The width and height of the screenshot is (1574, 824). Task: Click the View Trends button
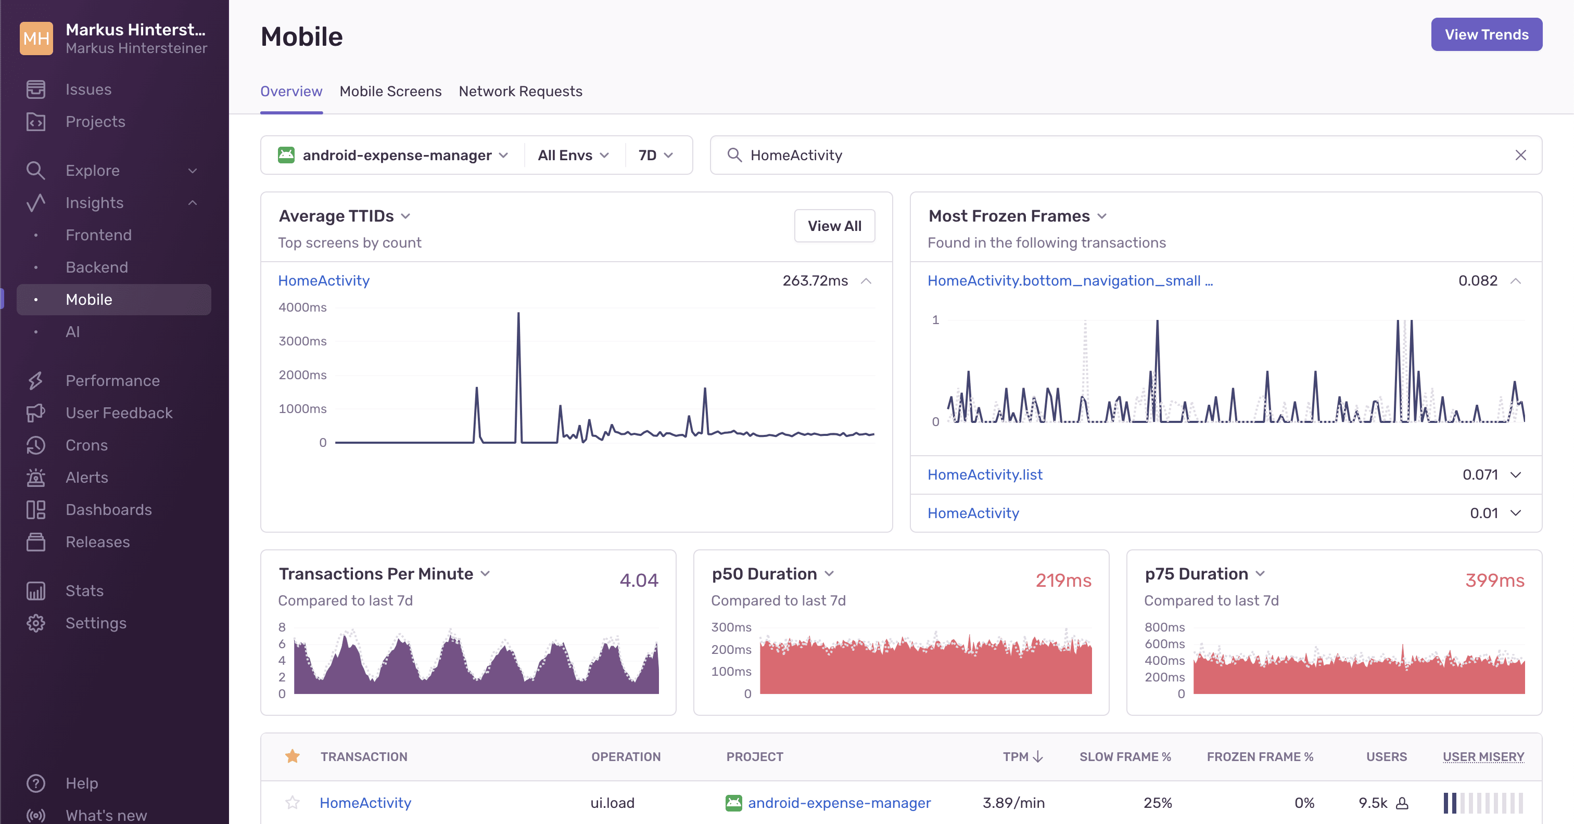click(x=1486, y=35)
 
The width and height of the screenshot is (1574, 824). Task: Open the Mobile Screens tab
click(x=390, y=92)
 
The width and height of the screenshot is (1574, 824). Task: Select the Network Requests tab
click(x=520, y=92)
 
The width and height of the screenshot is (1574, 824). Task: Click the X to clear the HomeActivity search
click(x=1520, y=155)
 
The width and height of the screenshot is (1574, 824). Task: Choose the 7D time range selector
click(x=654, y=155)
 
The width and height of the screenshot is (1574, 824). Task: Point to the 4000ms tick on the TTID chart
click(x=302, y=307)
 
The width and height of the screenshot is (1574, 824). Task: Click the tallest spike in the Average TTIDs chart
click(x=518, y=314)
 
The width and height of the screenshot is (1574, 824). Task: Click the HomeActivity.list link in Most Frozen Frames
click(x=984, y=474)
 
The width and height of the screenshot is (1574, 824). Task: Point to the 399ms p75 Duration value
click(x=1494, y=580)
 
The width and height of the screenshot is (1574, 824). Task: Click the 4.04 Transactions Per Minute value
click(x=639, y=580)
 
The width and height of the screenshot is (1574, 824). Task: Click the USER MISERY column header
click(x=1483, y=757)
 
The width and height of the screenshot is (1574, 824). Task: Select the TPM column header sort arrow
click(x=1037, y=757)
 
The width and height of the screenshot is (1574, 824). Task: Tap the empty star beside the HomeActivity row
click(x=293, y=803)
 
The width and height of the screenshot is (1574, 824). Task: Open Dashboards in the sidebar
click(x=108, y=509)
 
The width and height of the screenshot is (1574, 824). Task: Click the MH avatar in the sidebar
click(x=36, y=38)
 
